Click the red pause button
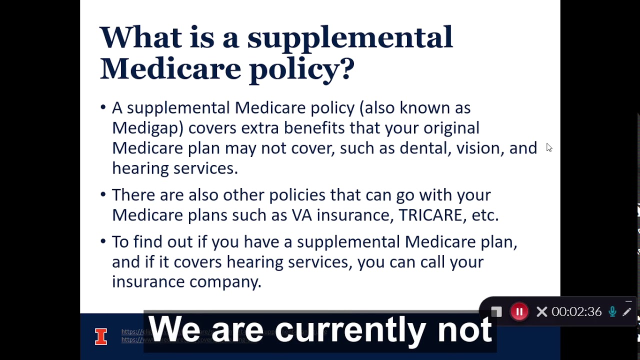(519, 312)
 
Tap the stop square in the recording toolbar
(496, 312)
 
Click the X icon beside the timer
(541, 312)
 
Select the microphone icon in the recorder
(612, 312)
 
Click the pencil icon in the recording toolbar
(627, 312)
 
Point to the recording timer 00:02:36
(576, 312)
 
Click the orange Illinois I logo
(101, 336)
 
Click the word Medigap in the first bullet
(144, 128)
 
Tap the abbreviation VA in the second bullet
(301, 215)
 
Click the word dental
(424, 148)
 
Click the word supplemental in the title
(350, 37)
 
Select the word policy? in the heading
(301, 68)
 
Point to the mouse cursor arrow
(548, 147)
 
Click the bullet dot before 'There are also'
(103, 194)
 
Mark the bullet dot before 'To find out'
(103, 241)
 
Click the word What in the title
(140, 37)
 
